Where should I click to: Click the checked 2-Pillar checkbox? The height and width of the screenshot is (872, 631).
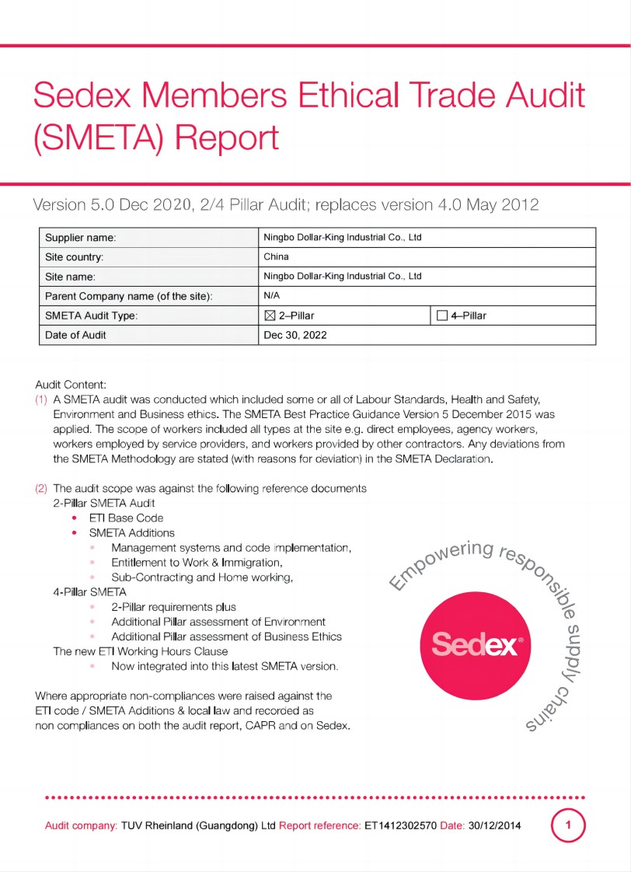[x=270, y=316]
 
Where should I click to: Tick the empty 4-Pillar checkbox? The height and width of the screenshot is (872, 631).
[x=443, y=316]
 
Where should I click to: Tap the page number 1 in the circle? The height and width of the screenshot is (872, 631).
[x=569, y=825]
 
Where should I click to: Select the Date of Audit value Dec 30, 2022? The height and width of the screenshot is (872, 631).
[x=295, y=336]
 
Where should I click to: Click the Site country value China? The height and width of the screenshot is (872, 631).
[x=277, y=256]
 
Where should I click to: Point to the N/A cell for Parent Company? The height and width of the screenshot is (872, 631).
[x=272, y=295]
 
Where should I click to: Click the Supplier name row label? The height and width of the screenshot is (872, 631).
[x=81, y=237]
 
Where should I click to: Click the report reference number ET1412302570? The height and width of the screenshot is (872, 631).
[x=400, y=825]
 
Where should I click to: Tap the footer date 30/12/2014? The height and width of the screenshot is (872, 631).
[x=494, y=825]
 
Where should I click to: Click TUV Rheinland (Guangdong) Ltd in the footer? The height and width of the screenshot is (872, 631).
[x=198, y=825]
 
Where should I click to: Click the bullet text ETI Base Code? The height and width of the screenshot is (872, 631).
[x=126, y=518]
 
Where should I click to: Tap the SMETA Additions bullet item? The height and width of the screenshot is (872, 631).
[x=131, y=532]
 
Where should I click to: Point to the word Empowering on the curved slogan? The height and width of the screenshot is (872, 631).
[x=440, y=563]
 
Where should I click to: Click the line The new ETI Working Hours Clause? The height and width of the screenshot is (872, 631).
[x=140, y=651]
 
